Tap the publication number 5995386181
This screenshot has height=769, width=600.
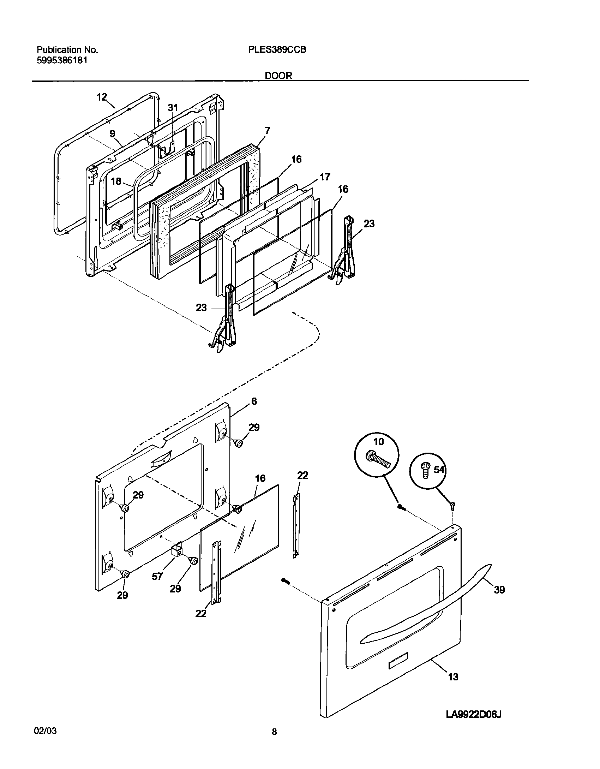click(x=62, y=60)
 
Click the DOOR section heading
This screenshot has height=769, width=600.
click(x=278, y=76)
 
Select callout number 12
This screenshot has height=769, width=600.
click(x=102, y=97)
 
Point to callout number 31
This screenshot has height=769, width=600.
click(x=173, y=108)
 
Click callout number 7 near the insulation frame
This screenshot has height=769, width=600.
click(x=267, y=131)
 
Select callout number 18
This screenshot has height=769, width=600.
click(x=116, y=181)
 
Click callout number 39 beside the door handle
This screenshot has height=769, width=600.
click(x=499, y=589)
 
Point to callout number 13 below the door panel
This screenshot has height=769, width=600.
click(x=453, y=676)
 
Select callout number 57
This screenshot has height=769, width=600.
click(x=157, y=576)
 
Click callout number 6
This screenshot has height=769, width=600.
click(x=254, y=401)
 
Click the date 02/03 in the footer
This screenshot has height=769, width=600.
click(x=45, y=739)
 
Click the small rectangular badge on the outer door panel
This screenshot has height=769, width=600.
click(x=398, y=666)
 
